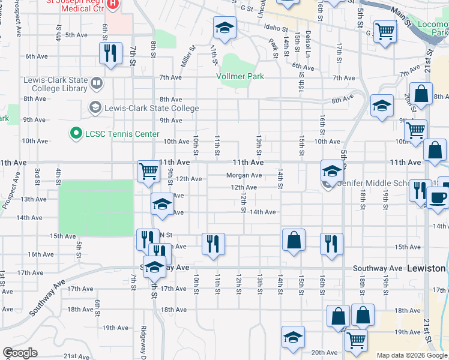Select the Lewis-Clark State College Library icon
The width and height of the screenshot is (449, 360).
pos(95,82)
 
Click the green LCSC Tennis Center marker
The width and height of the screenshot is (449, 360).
pos(76,133)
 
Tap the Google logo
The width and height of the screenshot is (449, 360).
pos(20,353)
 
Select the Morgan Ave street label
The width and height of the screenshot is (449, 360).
pos(244,175)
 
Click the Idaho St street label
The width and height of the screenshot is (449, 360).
pos(276,28)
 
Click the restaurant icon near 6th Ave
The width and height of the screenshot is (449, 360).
pos(110,53)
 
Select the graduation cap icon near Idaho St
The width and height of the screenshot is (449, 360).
pos(224,27)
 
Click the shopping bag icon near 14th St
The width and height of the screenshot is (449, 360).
pos(294,240)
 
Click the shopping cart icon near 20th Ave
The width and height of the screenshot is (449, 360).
pos(357,340)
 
